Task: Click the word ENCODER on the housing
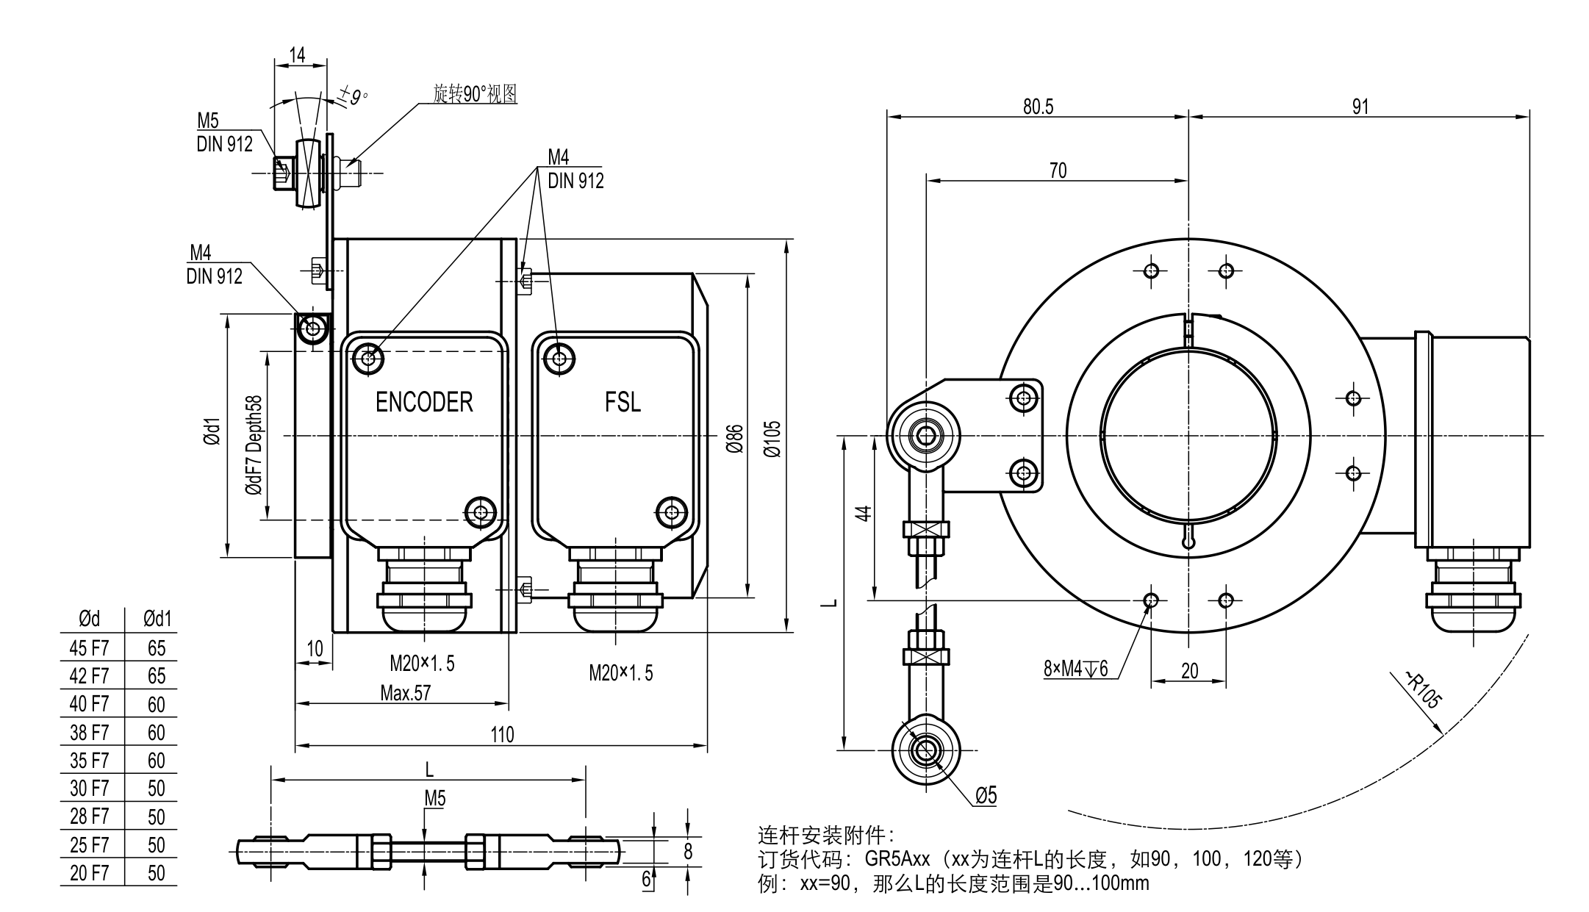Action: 424,402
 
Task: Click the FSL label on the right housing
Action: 623,402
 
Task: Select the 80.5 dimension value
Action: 1038,107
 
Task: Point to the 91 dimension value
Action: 1360,107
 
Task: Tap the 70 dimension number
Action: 1058,170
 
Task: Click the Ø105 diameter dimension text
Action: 772,439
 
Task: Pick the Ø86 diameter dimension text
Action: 734,439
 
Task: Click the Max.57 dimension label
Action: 406,693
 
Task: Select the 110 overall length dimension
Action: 502,735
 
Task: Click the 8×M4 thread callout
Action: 1075,669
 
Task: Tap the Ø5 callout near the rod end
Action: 986,795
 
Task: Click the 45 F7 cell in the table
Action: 89,648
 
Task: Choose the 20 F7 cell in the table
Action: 89,873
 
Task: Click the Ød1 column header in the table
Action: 157,620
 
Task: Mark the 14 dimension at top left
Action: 297,55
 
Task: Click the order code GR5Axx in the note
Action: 897,859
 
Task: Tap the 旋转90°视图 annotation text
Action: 475,94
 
